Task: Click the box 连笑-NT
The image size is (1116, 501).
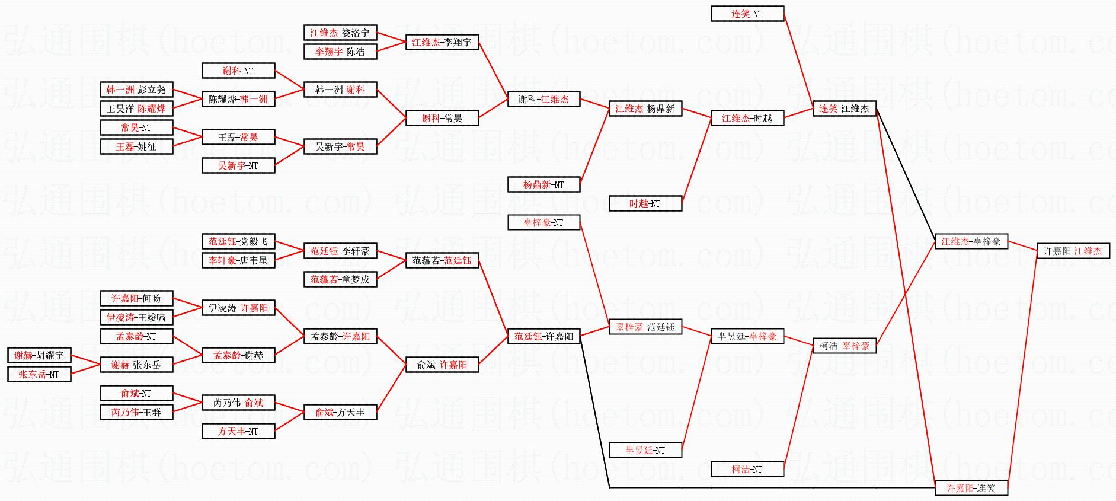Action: click(x=747, y=14)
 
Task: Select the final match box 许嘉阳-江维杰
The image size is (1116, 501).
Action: click(x=1073, y=251)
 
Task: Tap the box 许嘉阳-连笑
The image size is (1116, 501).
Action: click(x=971, y=488)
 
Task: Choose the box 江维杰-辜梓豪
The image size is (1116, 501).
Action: click(x=971, y=241)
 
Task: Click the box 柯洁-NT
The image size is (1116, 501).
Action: click(x=747, y=469)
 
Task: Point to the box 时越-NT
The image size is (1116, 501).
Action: click(x=645, y=203)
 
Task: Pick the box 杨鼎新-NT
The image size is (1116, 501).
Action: click(x=543, y=184)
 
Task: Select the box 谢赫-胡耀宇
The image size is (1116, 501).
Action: click(x=39, y=355)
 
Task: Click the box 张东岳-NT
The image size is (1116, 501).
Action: click(x=39, y=374)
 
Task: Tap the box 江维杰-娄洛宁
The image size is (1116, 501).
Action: click(x=340, y=33)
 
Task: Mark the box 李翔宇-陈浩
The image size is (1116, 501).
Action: click(x=340, y=52)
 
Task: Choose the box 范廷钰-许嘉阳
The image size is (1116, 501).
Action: click(x=543, y=336)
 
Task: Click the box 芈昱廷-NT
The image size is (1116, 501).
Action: click(x=645, y=450)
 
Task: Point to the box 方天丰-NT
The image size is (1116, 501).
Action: click(x=238, y=431)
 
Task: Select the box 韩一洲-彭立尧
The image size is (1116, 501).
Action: click(x=136, y=90)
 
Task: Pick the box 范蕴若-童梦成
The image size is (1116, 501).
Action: click(x=340, y=279)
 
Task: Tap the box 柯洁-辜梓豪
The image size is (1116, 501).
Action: click(x=844, y=346)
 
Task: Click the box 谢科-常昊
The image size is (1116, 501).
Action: click(x=442, y=118)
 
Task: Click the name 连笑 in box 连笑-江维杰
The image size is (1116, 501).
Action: click(x=828, y=109)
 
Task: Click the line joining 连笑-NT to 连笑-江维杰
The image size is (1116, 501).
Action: click(x=798, y=61)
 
